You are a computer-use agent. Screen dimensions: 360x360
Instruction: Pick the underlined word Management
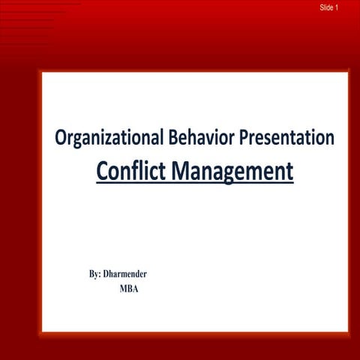pos(232,171)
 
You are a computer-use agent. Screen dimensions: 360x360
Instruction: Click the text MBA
pos(129,288)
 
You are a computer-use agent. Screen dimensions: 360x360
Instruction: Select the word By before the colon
pos(94,274)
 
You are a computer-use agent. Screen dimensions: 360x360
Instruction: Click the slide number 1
pos(337,7)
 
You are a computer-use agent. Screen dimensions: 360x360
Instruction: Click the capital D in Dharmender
pos(107,274)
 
